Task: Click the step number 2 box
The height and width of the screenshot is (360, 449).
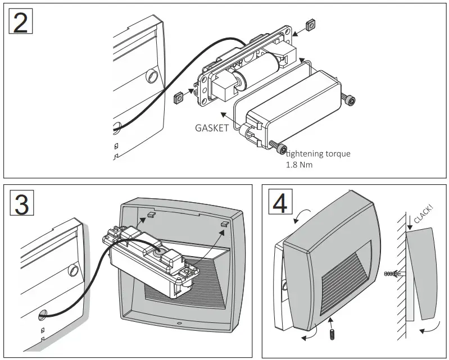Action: coord(21,22)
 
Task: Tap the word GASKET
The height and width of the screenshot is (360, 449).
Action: coord(212,127)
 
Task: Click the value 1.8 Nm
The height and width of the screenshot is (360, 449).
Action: coord(300,166)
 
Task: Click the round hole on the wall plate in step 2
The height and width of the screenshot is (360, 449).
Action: coord(152,75)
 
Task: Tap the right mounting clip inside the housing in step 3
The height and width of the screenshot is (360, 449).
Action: coord(224,223)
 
